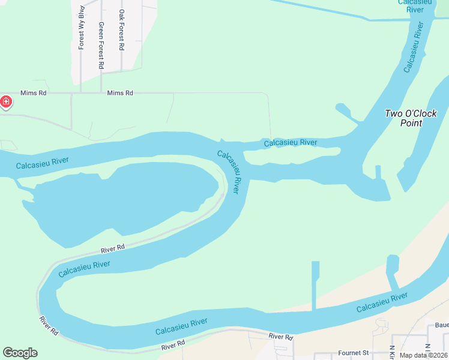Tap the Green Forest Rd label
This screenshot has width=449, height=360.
pos(101,46)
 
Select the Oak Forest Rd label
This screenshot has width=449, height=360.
pos(122,29)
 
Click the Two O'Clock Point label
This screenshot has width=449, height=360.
pos(411,118)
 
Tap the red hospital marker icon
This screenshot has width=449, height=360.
pos(6,103)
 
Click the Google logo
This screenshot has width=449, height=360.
pos(20,353)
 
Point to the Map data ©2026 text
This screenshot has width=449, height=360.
pos(424,355)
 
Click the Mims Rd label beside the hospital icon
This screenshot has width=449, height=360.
pos(33,93)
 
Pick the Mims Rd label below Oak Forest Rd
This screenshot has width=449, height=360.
pos(119,93)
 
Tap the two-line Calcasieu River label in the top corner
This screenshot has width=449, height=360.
pos(411,6)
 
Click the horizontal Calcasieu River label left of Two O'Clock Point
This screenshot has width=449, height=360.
pos(291,142)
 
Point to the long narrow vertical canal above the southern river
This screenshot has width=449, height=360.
pos(315,286)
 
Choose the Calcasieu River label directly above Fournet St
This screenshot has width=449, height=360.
pos(382,302)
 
